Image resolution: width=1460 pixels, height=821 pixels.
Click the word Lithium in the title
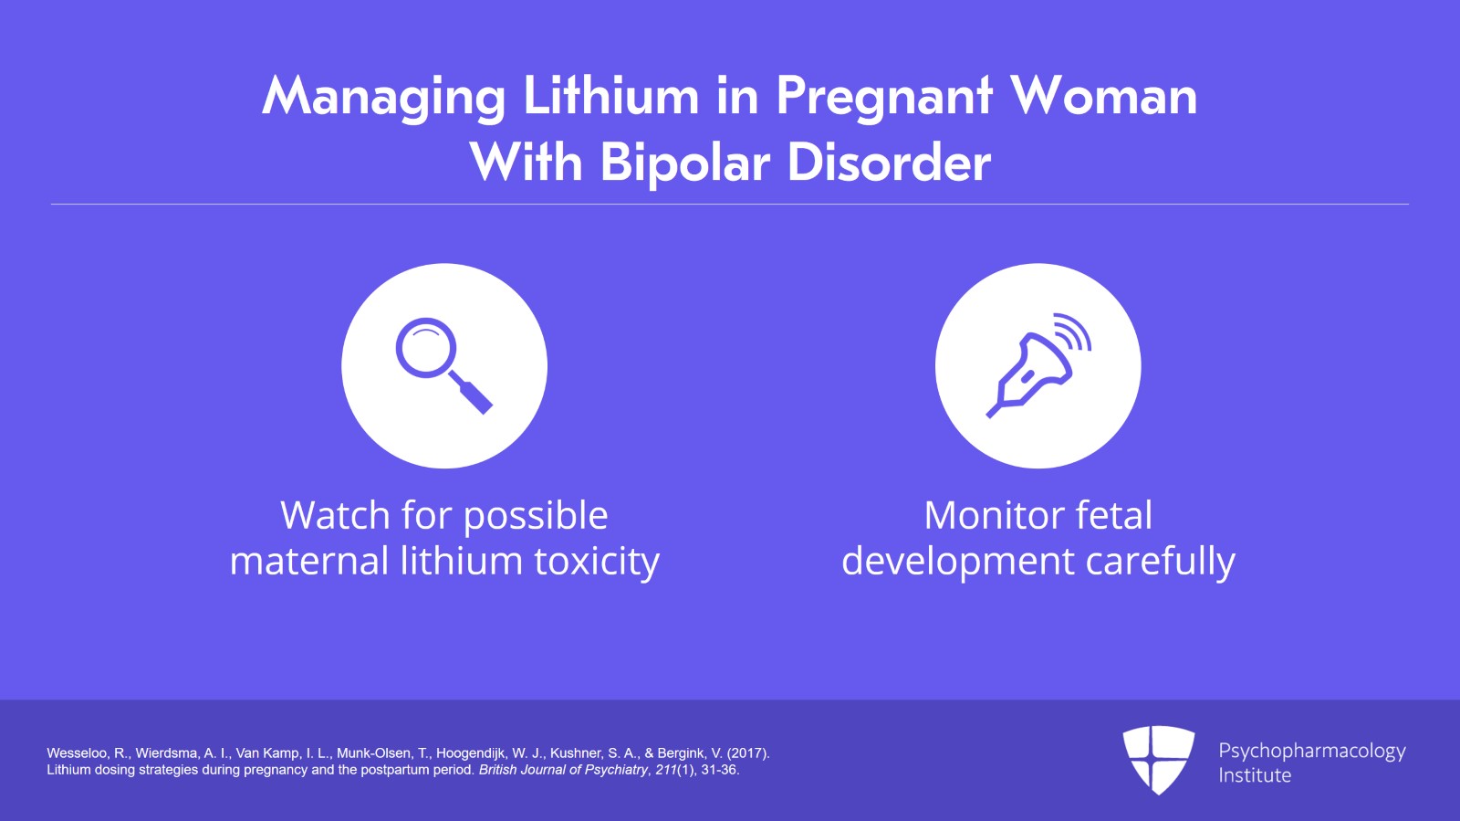(x=610, y=97)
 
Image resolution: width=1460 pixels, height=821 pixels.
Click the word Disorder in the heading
(x=889, y=163)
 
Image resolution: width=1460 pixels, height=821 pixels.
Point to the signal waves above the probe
(x=1074, y=332)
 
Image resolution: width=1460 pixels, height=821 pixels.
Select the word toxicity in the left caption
(x=597, y=562)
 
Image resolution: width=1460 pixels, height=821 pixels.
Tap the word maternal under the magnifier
(x=309, y=562)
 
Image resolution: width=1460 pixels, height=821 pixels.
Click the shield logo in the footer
(x=1158, y=759)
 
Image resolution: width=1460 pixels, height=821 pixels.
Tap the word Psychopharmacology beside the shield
(x=1311, y=752)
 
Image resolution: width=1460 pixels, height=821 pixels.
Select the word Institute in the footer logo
(x=1255, y=775)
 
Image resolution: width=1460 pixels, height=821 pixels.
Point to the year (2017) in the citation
(x=748, y=753)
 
